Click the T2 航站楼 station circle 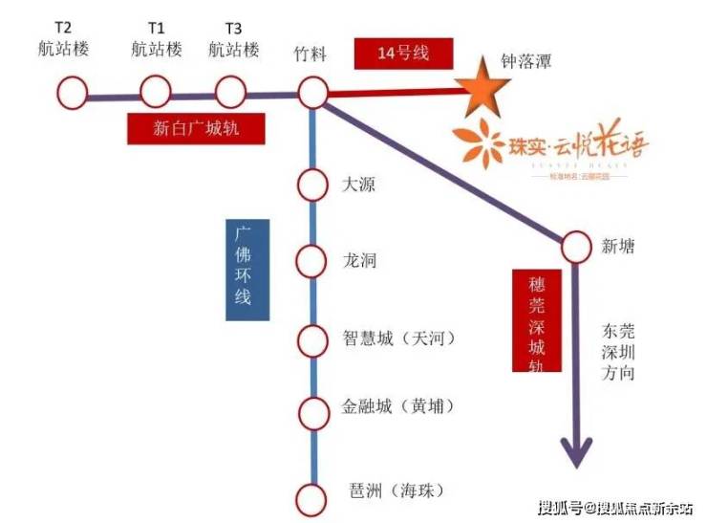point(72,93)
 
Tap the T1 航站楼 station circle point(155,93)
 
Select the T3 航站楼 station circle point(230,93)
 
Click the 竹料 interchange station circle point(312,93)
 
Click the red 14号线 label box point(402,54)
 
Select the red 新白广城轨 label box point(195,128)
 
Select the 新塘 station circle point(576,248)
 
